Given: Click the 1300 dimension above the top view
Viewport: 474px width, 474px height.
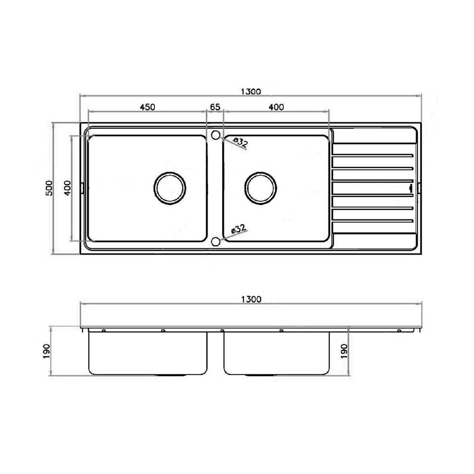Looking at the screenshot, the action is coord(251,91).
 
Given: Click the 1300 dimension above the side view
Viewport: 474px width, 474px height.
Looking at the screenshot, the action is coord(251,299).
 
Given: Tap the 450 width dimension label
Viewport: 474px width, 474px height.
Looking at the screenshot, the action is coord(147,107).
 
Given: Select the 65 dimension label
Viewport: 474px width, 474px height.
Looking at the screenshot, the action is coord(215,107).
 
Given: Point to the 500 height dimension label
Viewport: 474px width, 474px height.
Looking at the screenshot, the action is coord(49,188).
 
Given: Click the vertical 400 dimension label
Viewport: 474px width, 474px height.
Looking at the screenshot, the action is coord(67,188).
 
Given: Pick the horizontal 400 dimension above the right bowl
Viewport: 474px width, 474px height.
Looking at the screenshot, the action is coord(276,107).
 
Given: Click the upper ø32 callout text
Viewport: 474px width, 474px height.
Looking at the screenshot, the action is coord(241,142).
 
